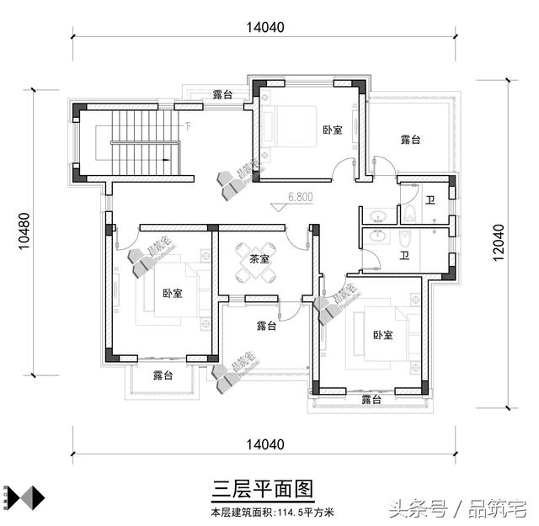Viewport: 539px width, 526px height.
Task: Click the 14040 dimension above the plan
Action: point(265,26)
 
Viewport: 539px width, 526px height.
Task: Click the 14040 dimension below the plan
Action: point(265,444)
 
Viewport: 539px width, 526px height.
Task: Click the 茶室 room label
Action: point(259,259)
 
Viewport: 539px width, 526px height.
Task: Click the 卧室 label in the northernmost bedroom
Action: point(332,130)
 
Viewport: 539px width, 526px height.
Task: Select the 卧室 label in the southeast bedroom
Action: point(382,335)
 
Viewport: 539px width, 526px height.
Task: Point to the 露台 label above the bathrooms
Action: point(409,140)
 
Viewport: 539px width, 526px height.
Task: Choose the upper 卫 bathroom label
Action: point(430,200)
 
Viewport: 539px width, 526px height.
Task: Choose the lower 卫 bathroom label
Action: point(404,255)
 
